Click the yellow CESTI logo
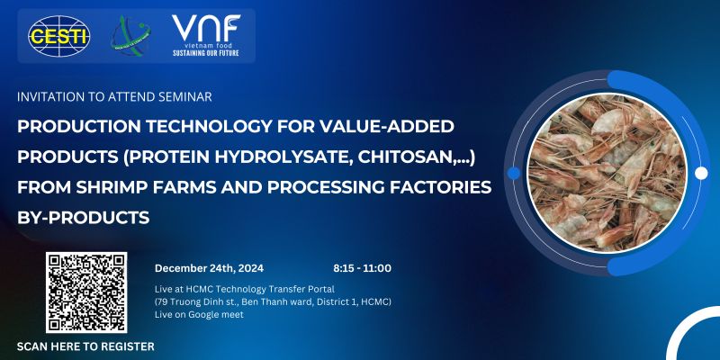tap(58, 36)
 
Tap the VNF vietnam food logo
tap(206, 35)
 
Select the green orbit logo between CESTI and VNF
tap(130, 36)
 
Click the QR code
tap(86, 292)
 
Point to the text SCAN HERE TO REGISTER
tap(85, 346)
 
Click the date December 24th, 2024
tap(209, 268)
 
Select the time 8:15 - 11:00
tap(363, 268)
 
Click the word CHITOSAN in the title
tap(408, 157)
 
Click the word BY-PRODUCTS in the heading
tap(83, 217)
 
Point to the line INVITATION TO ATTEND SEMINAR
tap(114, 97)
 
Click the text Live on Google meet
tap(199, 315)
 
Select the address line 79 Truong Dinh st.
tap(273, 302)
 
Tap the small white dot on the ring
tap(701, 173)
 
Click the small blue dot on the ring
tap(514, 173)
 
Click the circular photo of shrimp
tap(607, 173)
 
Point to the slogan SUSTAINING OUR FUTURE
tap(206, 53)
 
